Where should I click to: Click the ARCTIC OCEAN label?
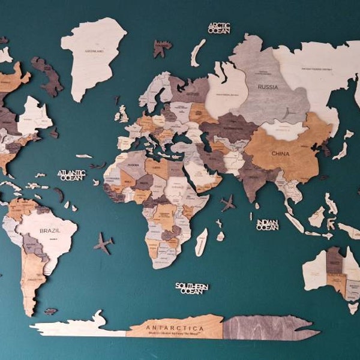coord(219,28)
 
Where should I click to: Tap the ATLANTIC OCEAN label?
coord(71,175)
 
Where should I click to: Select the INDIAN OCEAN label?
coord(267,224)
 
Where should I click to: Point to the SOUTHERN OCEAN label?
coord(192,288)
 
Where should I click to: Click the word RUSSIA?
coord(268,87)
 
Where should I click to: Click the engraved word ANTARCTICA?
coord(173,328)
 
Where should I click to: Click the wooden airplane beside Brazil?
coord(103,244)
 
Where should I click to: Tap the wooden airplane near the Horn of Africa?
coord(228,203)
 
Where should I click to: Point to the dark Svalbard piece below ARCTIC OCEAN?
coord(161,48)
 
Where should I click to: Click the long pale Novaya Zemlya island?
coord(197,53)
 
